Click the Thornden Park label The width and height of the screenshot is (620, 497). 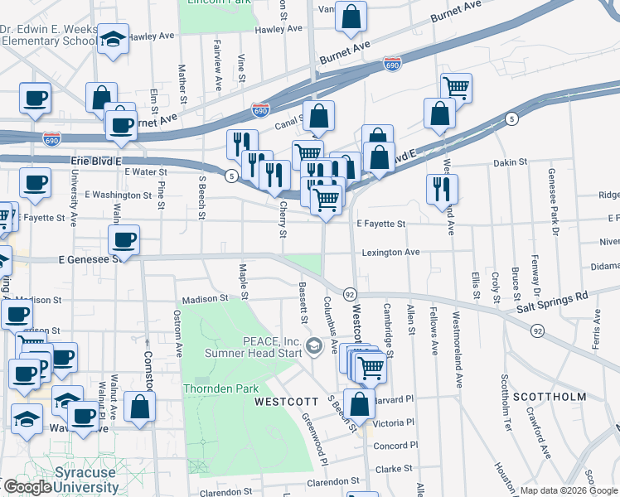click(x=220, y=388)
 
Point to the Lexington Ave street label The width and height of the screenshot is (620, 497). click(x=390, y=252)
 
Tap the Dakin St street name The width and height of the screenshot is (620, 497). click(x=510, y=163)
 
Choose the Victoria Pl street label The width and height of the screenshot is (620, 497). click(x=394, y=422)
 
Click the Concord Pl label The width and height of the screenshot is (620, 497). click(x=395, y=446)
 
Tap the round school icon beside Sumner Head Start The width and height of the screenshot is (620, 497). click(x=314, y=345)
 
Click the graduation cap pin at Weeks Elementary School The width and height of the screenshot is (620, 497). click(x=113, y=39)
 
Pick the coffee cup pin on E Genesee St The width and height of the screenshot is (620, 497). click(x=124, y=241)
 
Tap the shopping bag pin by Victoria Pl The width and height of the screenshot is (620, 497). click(x=360, y=405)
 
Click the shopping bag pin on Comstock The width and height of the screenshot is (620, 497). click(x=139, y=407)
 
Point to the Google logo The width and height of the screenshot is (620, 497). click(x=27, y=487)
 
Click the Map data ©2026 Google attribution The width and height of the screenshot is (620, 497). click(x=568, y=490)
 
